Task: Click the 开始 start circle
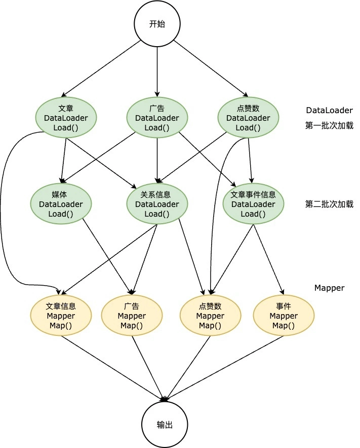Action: [157, 24]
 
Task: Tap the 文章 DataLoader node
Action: [66, 118]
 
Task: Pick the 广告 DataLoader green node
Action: [157, 118]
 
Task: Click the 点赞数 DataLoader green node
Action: [248, 118]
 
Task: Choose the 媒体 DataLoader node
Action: [61, 204]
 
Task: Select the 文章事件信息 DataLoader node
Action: [253, 204]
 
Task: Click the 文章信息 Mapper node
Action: [61, 316]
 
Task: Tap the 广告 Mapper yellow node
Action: [132, 316]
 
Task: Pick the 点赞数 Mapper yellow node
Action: [210, 316]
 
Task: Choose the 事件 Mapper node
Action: [284, 316]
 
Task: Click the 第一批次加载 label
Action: [329, 125]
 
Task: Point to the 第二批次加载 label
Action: [329, 204]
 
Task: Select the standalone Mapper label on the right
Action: [329, 288]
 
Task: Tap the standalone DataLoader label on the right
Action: [329, 110]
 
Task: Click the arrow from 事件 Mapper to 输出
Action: [228, 368]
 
